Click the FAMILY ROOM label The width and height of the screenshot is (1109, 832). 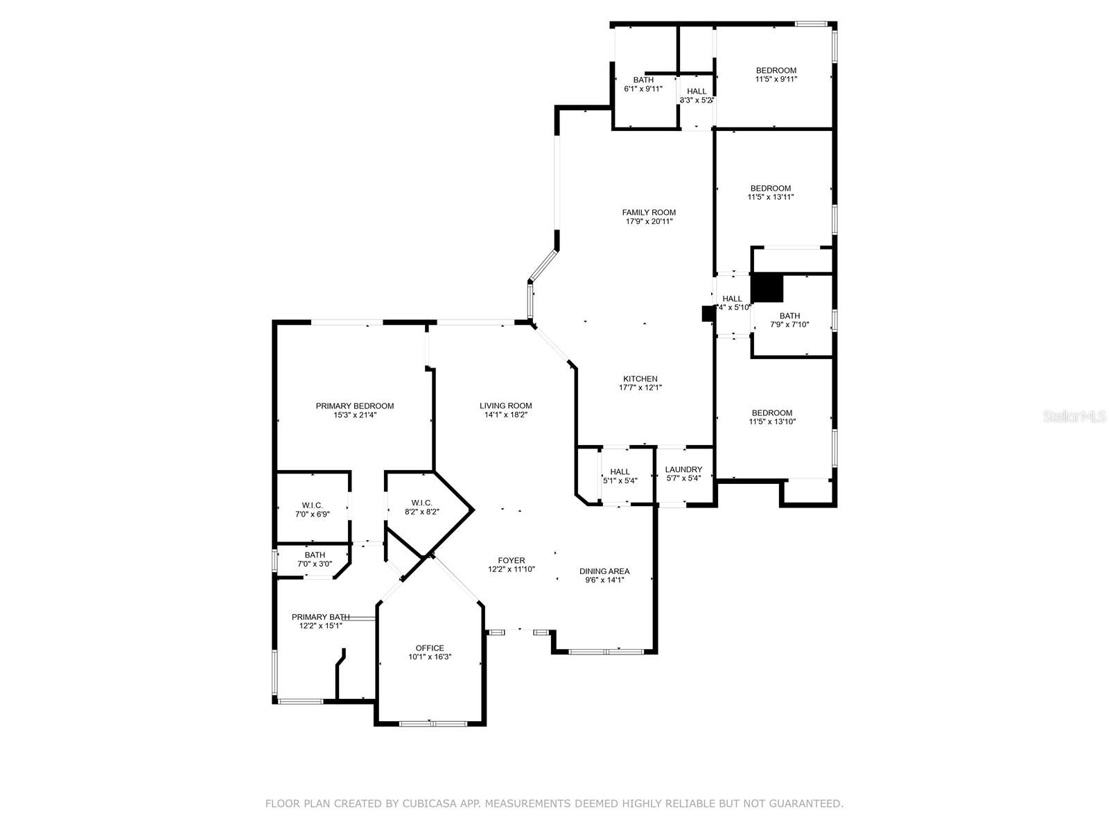click(649, 213)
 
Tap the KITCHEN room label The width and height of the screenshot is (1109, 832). click(640, 379)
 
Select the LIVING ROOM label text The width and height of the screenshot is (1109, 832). click(506, 406)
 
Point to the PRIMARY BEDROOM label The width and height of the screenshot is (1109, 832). click(355, 406)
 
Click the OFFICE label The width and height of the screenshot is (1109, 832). click(430, 648)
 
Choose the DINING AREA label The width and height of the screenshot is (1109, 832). click(604, 571)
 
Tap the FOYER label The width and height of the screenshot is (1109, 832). click(512, 560)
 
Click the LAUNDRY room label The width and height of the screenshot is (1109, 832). click(683, 469)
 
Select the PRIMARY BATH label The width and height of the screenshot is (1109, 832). click(321, 617)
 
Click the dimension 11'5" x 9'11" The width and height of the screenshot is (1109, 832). click(776, 79)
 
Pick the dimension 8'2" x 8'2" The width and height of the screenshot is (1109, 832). click(422, 511)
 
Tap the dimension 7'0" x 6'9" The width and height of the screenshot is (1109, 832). click(313, 514)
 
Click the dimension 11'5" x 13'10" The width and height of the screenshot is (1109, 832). click(772, 422)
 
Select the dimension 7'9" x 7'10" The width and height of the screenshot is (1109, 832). click(789, 324)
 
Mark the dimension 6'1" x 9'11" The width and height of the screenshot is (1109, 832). click(643, 89)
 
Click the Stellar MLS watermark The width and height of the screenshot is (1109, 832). click(1074, 416)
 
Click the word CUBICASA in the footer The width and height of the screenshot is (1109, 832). click(428, 803)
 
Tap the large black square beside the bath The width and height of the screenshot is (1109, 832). click(767, 288)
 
